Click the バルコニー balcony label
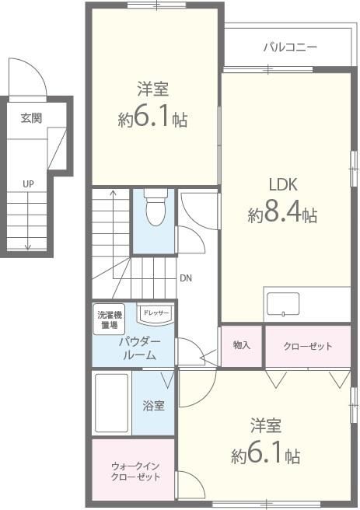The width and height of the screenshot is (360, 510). tap(289, 47)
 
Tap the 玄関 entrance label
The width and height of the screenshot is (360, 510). tap(31, 118)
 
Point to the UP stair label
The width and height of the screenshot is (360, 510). tap(28, 183)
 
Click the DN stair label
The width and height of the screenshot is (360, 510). tap(185, 278)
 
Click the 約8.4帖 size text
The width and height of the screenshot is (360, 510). tap(282, 215)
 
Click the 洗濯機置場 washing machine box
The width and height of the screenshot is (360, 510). tap(110, 320)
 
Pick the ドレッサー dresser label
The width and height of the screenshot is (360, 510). tap(156, 313)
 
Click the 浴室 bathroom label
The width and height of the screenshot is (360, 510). tap(153, 405)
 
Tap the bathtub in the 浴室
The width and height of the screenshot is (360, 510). tap(110, 403)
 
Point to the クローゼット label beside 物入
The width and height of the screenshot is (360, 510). tap(307, 346)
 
